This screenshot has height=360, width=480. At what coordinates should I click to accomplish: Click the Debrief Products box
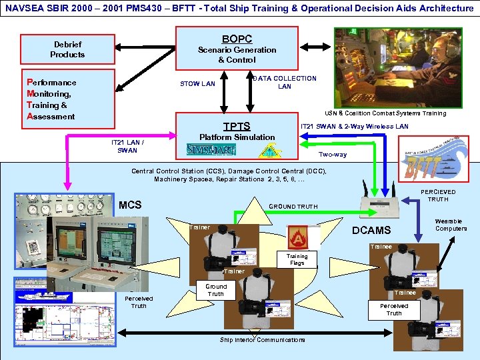(x=67, y=49)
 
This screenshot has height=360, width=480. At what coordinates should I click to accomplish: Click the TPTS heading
(x=237, y=127)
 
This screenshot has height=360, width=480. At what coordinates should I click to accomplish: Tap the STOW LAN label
(x=198, y=84)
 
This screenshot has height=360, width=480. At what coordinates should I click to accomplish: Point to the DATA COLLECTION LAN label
(x=285, y=82)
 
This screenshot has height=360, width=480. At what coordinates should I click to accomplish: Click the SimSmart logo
(x=210, y=150)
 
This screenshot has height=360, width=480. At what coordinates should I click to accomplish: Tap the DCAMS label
(x=371, y=231)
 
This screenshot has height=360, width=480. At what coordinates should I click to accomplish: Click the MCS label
(x=130, y=205)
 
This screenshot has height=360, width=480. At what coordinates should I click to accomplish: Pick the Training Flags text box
(x=297, y=259)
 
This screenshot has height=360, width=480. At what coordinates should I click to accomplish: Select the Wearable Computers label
(x=451, y=225)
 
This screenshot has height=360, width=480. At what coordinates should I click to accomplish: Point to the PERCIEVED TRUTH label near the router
(x=438, y=195)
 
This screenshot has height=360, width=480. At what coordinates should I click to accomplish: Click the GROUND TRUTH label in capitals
(x=293, y=207)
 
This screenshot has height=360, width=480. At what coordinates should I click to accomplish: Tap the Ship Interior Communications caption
(x=262, y=339)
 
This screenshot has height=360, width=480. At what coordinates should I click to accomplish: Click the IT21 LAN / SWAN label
(x=127, y=147)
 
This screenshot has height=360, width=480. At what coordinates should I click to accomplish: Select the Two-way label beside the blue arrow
(x=332, y=154)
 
